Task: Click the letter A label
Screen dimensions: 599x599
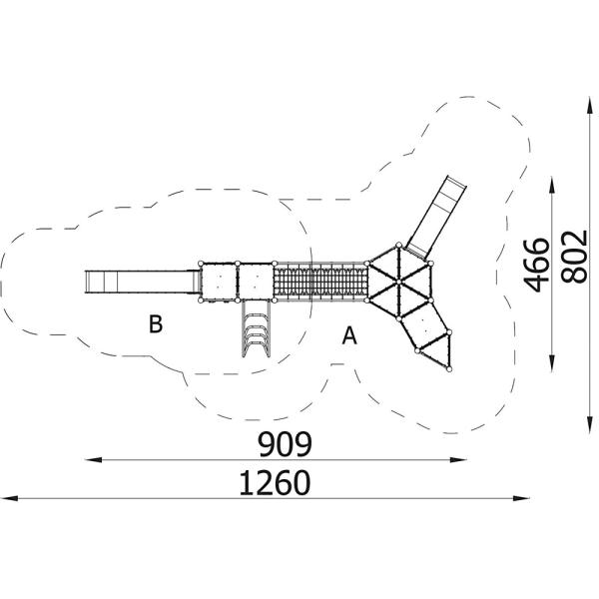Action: tap(349, 335)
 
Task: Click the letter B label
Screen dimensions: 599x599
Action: tap(155, 323)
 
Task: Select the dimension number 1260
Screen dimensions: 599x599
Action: tap(275, 482)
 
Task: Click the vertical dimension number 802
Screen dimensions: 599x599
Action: tap(573, 258)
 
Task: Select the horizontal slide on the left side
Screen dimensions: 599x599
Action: tap(140, 281)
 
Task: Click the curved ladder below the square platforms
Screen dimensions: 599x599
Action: tap(256, 330)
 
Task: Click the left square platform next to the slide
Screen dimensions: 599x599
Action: tap(220, 281)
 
